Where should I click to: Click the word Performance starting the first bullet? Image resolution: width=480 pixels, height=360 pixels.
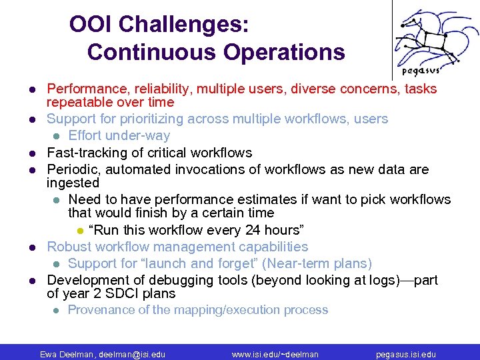coord(83,89)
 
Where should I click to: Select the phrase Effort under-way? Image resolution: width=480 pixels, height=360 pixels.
coord(119,136)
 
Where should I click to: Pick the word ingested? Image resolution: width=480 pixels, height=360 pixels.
coord(73,183)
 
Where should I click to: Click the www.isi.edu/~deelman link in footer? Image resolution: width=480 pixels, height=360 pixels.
coord(275,354)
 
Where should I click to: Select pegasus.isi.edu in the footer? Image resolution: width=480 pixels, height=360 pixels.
coord(406,354)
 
